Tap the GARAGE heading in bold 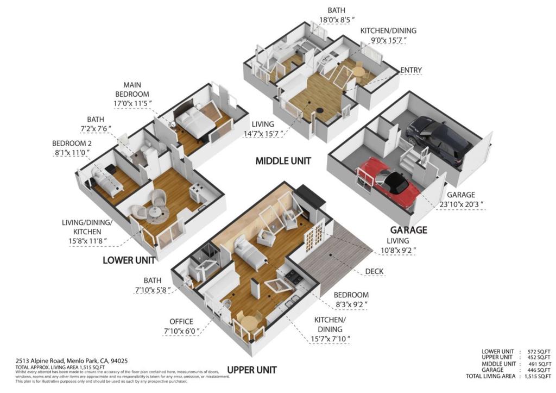(x=408, y=230)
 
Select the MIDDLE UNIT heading (x=283, y=161)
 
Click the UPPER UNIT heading (x=252, y=370)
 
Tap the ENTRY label (x=410, y=71)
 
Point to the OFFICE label (x=181, y=321)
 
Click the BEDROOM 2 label (x=74, y=143)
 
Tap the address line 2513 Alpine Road (x=71, y=361)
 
